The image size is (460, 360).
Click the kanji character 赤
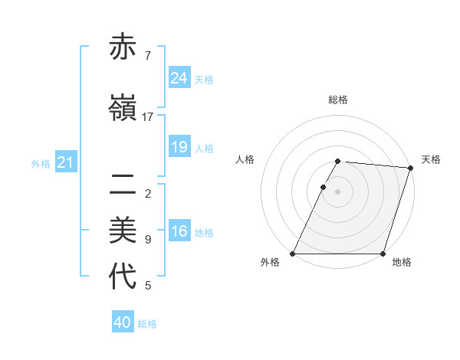point(123,47)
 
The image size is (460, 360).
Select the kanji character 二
point(123,184)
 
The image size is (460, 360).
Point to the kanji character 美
point(123,229)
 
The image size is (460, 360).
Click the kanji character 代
point(123,277)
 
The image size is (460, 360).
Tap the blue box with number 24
point(179,78)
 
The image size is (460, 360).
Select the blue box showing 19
point(179,147)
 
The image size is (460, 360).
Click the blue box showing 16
point(179,231)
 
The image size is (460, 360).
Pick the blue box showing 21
point(65,162)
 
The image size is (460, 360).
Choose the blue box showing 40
point(122,322)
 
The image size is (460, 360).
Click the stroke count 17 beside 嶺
point(148,117)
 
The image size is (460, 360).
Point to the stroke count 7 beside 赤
point(148,55)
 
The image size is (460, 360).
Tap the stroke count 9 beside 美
point(148,240)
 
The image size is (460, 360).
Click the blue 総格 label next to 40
point(147,324)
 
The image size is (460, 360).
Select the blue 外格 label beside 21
point(41,164)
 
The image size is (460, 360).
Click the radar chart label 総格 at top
point(338,100)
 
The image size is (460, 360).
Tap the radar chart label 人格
point(245,159)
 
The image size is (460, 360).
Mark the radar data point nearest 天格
point(411,168)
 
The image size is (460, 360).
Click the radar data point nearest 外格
point(293,254)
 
